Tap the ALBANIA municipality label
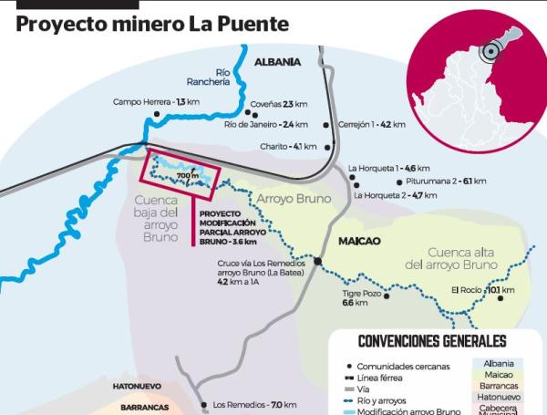coord(277,62)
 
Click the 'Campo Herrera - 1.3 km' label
coord(156,101)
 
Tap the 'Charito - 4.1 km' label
coord(288,146)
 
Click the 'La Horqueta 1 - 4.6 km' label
coord(388,168)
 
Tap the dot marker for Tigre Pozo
coord(387,296)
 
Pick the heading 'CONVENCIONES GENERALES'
coord(432,341)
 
